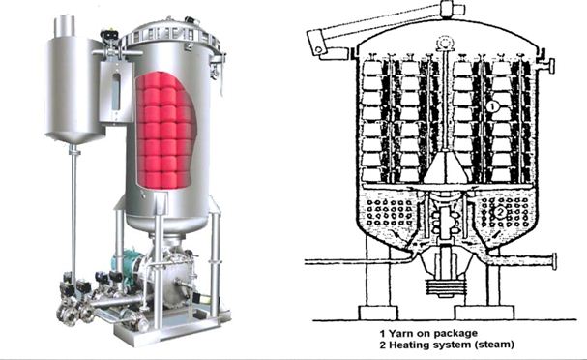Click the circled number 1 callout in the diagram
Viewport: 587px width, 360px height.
click(x=492, y=107)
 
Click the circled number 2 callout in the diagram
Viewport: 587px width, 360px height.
click(x=501, y=212)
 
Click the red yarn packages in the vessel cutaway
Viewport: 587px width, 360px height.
click(x=165, y=130)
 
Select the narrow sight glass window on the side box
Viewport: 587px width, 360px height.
click(x=116, y=92)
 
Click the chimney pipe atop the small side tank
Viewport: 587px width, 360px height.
click(x=65, y=26)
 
